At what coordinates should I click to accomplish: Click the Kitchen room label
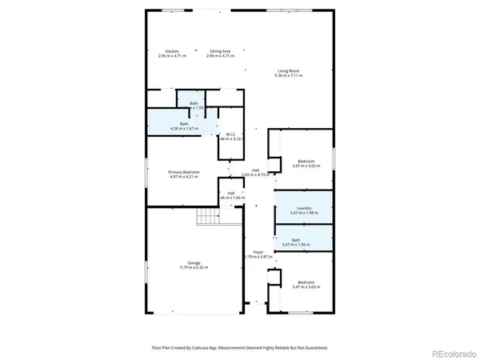(x=172, y=51)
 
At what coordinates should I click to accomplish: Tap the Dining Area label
(x=220, y=51)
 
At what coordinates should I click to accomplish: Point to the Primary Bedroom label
(x=183, y=172)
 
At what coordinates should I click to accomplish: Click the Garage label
(x=194, y=263)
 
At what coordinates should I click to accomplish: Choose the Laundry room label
(x=305, y=209)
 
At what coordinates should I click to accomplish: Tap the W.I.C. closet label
(x=230, y=134)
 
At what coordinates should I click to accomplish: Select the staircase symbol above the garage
(x=208, y=218)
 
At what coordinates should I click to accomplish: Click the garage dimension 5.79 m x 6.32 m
(x=194, y=268)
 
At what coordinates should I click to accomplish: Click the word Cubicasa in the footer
(x=206, y=348)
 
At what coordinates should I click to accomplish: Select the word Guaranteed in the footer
(x=314, y=348)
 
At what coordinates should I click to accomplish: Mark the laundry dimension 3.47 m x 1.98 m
(x=305, y=214)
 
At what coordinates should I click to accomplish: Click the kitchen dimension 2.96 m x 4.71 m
(x=172, y=56)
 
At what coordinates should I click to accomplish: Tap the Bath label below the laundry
(x=296, y=240)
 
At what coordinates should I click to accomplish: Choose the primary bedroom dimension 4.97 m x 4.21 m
(x=183, y=177)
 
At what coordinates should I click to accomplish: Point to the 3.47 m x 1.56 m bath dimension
(x=305, y=245)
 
